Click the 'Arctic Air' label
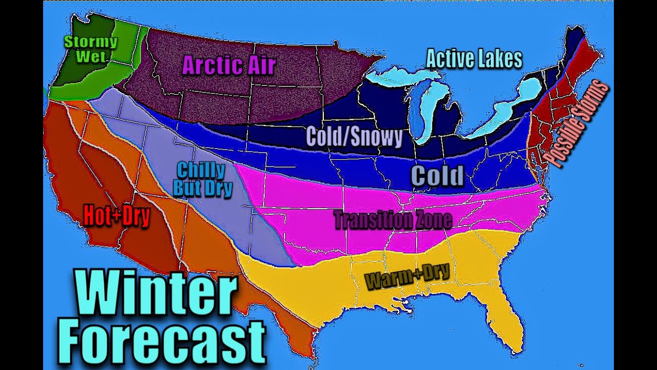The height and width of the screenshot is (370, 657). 229,65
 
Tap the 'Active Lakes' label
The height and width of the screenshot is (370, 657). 474,59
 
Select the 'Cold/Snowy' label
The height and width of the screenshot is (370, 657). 354,137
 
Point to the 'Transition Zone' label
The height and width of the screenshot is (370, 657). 393,220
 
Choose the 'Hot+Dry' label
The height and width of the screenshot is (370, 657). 117,216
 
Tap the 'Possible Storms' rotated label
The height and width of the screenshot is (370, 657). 577,121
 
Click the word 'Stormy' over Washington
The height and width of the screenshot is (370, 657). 90,42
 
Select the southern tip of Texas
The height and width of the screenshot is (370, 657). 308,349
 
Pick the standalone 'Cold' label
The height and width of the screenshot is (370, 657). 437,176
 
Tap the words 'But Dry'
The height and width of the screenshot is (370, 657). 203,188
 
